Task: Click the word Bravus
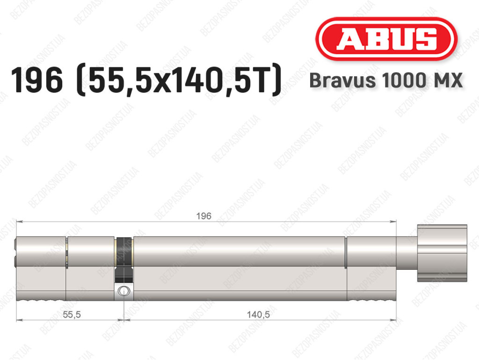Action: pos(342,81)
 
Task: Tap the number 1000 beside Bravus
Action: pos(404,81)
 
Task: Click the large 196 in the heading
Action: pos(37,81)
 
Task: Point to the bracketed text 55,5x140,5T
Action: pos(179,80)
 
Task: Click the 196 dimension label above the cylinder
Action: pos(204,216)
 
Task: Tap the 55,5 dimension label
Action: pos(72,314)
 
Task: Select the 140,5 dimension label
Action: pos(258,314)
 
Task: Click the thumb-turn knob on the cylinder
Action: pos(442,253)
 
